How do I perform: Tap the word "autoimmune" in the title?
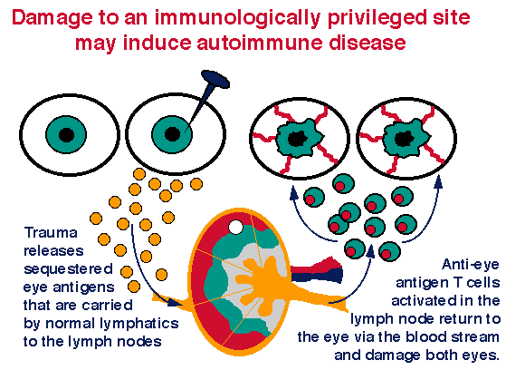point(259,43)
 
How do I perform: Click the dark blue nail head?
point(215,79)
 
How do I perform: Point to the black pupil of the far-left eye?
point(66,135)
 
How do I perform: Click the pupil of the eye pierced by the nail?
point(172,134)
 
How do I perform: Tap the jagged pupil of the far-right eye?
point(403,139)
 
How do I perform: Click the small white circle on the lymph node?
point(236,227)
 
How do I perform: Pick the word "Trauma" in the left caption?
point(51,233)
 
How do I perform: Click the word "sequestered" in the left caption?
point(69,269)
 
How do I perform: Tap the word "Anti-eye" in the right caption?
point(471,265)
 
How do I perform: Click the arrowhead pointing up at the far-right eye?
point(438,181)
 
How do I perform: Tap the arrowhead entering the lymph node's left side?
point(174,303)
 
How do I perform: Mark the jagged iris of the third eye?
point(300,139)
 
